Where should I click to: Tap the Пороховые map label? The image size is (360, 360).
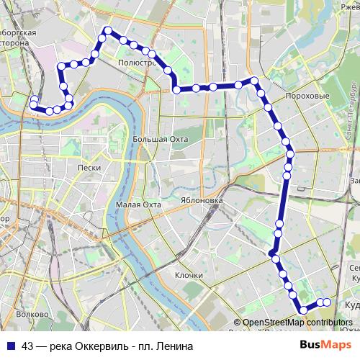pos(307,96)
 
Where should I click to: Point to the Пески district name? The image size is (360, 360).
pos(87,167)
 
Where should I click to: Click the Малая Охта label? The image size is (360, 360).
pos(136,204)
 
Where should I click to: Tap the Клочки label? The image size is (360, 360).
pos(188,275)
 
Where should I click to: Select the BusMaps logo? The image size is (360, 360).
pos(330,345)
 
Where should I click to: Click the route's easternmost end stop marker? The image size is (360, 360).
pos(327,302)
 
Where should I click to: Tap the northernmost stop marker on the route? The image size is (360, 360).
pos(107,31)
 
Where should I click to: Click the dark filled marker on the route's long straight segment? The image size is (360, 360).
pos(272,253)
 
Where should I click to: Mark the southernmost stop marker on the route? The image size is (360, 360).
pos(303,310)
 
